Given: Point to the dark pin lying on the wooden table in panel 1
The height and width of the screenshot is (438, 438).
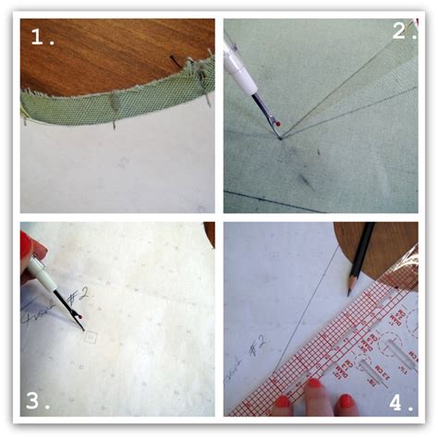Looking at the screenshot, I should [176, 61].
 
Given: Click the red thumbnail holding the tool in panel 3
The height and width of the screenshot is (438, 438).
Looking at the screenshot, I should [25, 245].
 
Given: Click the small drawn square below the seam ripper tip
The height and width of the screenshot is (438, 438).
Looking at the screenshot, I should [89, 338].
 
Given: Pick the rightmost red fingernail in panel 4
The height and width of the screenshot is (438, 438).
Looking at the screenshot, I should [345, 402].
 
